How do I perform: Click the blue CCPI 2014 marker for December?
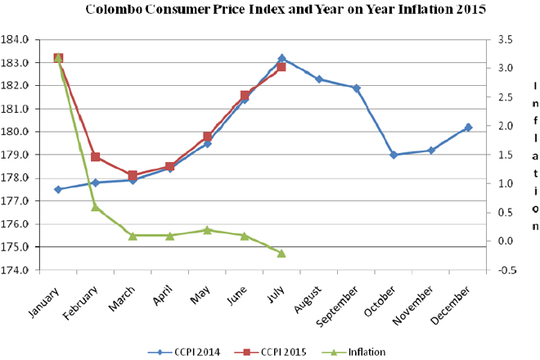[468, 128]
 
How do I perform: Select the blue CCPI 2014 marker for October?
[394, 155]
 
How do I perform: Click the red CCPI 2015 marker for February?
[96, 157]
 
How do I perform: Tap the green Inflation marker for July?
[281, 253]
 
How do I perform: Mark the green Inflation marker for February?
[96, 207]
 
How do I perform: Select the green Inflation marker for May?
[208, 230]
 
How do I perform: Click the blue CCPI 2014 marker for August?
[319, 79]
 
